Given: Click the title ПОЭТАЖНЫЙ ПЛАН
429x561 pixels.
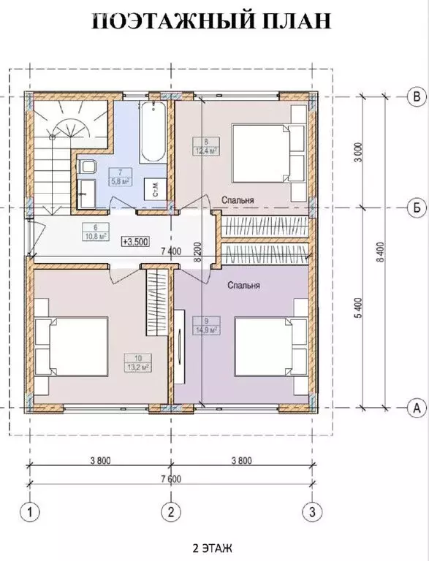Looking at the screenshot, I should coord(212,21).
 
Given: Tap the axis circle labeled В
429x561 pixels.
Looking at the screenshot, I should coord(415,96).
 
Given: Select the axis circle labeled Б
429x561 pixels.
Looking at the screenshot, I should coord(415,207).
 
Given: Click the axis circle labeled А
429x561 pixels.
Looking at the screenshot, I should coord(415,408).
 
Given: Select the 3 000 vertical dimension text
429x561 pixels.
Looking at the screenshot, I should coord(357,153).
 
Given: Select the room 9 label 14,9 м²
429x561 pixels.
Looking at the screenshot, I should coord(202,324).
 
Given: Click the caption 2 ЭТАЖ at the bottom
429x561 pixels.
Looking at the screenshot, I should coord(213,546).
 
